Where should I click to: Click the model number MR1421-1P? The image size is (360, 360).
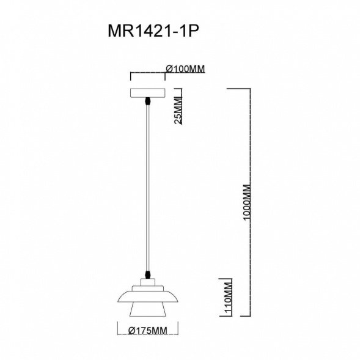click(154, 32)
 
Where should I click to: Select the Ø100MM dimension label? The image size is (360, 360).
click(185, 70)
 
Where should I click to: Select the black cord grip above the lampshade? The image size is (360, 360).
click(148, 274)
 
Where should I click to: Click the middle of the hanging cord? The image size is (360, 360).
click(149, 186)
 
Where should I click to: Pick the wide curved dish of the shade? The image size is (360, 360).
click(148, 296)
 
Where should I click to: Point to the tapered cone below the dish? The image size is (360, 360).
click(148, 310)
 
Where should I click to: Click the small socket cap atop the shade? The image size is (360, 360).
click(148, 282)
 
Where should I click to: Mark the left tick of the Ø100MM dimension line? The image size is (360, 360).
click(130, 76)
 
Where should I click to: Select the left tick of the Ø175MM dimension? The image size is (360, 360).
click(117, 331)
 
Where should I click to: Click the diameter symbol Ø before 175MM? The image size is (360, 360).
click(131, 331)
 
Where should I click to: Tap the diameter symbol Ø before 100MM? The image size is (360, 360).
click(169, 70)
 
